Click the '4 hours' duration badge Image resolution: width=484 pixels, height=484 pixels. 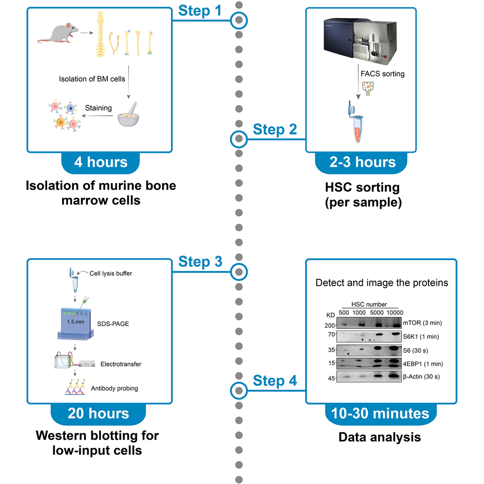pyautogui.click(x=101, y=163)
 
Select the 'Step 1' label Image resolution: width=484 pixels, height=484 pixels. pyautogui.click(x=200, y=11)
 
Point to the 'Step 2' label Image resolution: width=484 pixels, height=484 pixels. pyautogui.click(x=276, y=130)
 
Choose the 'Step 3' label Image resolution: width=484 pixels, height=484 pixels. pyautogui.click(x=200, y=261)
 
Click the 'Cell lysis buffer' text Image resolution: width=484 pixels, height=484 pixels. pyautogui.click(x=111, y=273)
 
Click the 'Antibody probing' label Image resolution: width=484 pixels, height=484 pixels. pyautogui.click(x=114, y=388)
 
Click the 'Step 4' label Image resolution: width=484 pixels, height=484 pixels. pyautogui.click(x=276, y=380)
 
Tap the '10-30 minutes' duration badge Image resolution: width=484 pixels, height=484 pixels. pyautogui.click(x=380, y=414)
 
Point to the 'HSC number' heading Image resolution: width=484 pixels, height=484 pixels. pyautogui.click(x=370, y=304)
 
